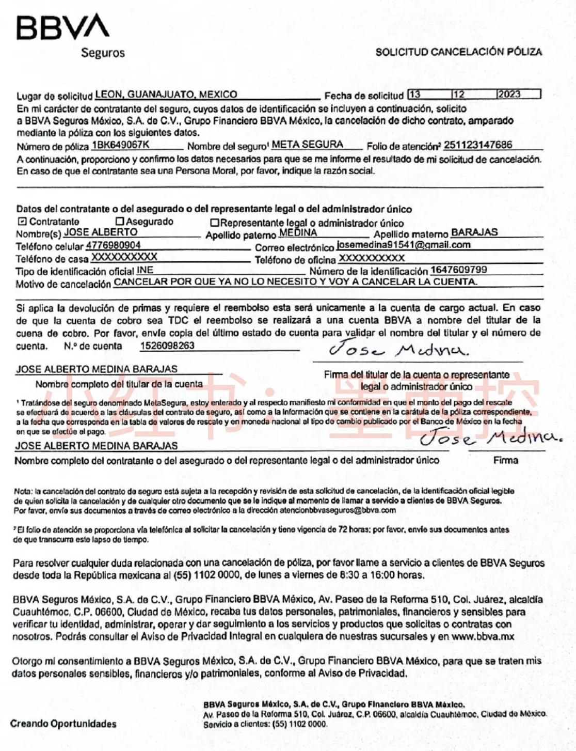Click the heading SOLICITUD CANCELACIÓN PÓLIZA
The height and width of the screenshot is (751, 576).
click(x=458, y=52)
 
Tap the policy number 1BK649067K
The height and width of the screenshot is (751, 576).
click(x=120, y=145)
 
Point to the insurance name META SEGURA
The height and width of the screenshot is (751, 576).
click(x=307, y=145)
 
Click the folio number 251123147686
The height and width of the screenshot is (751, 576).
click(x=478, y=145)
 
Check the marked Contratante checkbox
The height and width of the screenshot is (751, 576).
click(x=22, y=222)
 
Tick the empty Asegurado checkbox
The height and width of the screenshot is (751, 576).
click(x=120, y=222)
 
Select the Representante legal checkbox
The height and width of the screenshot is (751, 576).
click(x=215, y=223)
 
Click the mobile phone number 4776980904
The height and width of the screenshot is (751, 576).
click(x=113, y=245)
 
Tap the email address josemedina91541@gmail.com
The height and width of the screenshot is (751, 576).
click(x=403, y=245)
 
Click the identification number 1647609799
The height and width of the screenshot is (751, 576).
click(x=458, y=270)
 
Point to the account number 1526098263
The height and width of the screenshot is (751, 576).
click(x=167, y=346)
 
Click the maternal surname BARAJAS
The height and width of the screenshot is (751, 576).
click(x=474, y=232)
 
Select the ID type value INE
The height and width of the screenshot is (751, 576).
click(x=145, y=270)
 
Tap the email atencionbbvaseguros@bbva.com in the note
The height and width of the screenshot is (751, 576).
click(x=338, y=510)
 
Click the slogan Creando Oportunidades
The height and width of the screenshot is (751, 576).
click(x=63, y=724)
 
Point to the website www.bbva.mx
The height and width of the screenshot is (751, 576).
click(x=483, y=636)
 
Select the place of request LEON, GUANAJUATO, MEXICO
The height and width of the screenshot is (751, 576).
click(x=166, y=95)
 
